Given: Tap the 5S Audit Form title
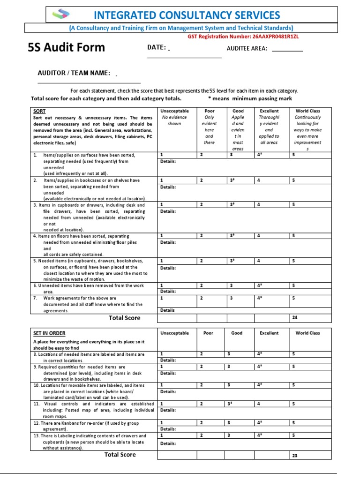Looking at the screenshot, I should point(67,47).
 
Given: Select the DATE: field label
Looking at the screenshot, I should point(157,48).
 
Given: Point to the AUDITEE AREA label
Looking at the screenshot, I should point(247,48).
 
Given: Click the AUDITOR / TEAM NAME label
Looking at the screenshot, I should point(74,73).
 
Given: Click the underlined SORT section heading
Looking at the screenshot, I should point(39,111).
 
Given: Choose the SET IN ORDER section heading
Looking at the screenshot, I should point(49,333).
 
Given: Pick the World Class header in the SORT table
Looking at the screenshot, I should point(308,111).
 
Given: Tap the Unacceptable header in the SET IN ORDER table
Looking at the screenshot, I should point(174,333).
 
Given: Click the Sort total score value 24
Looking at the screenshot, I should point(295,318).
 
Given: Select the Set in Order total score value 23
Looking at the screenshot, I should point(295,455).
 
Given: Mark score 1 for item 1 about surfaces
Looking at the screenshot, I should point(162,154).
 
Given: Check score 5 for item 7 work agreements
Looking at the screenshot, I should point(293,298).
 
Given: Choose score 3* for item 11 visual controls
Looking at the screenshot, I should point(230,403).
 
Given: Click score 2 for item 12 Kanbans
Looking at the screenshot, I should point(202,422).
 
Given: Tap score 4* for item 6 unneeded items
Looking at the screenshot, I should point(259,285).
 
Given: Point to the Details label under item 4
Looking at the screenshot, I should point(168,243).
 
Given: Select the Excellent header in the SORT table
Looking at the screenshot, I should point(269,111).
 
